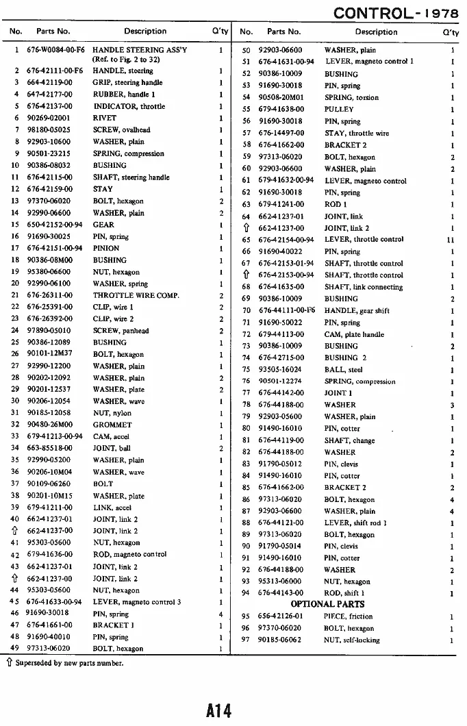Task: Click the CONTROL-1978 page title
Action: coord(398,14)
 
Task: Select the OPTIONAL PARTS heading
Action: coord(327,604)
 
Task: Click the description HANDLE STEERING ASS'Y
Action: coord(139,50)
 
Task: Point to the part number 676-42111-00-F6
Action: coord(55,71)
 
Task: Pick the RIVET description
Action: coord(104,118)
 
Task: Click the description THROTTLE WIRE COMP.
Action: coord(136,295)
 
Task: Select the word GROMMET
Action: coord(112,425)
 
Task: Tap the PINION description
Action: coord(106,248)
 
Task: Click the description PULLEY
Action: coord(339,109)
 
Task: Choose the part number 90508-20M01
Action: coord(280,97)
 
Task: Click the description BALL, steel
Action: coord(343,369)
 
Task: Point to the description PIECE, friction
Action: coord(348,616)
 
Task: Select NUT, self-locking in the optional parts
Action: coord(352,640)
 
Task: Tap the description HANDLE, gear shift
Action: coord(356,310)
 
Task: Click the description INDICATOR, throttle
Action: coord(129,106)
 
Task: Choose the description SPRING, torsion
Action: coord(351,97)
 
